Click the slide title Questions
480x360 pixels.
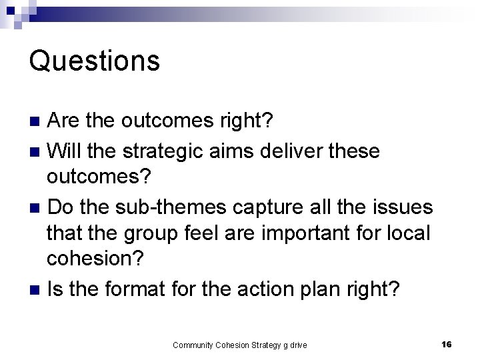tap(94, 61)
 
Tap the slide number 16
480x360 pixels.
tap(446, 344)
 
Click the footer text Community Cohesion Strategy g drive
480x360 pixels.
tap(239, 345)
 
